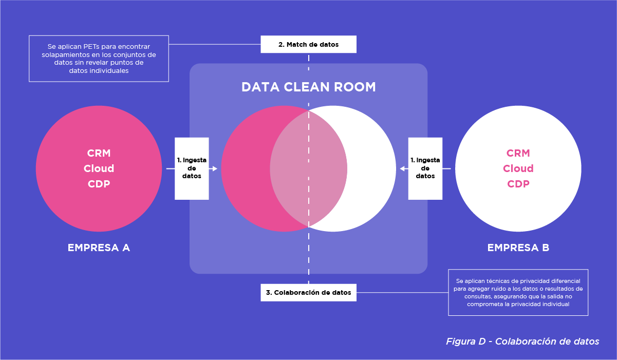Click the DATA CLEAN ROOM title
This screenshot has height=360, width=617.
coord(308,87)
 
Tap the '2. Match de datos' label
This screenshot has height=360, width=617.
coord(308,45)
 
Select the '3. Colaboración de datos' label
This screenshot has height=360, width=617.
coord(308,293)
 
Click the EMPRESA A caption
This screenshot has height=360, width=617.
coord(99,248)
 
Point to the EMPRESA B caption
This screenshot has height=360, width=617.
coord(518,248)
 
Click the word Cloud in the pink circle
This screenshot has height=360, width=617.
coord(99,168)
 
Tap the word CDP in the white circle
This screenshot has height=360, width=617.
coord(518,184)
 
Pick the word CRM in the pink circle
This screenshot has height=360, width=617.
coord(99,153)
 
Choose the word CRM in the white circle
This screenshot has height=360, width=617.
coord(518,153)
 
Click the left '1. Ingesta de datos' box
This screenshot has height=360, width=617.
coord(192,168)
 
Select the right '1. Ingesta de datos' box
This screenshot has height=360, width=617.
coord(425,168)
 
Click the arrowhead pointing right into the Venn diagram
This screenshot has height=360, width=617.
coord(215,168)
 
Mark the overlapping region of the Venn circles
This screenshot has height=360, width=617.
coord(308,168)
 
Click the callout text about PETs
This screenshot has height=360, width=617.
coord(99,59)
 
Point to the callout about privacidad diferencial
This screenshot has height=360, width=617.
coord(518,292)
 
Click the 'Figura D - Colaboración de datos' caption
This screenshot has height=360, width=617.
coord(522,342)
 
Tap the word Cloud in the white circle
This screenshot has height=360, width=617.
coord(518,168)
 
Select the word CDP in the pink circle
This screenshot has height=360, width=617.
coord(99,184)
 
